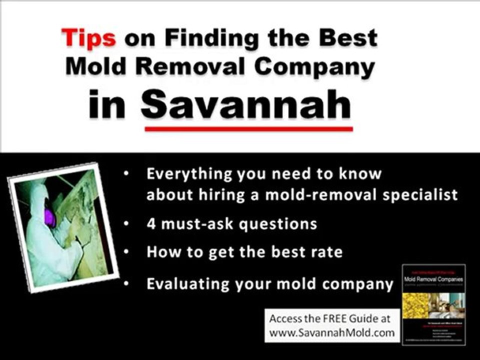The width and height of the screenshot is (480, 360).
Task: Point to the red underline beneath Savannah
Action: click(x=248, y=129)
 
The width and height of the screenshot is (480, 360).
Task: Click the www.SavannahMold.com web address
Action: click(x=332, y=331)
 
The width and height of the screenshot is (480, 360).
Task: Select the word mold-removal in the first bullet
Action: click(x=307, y=194)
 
